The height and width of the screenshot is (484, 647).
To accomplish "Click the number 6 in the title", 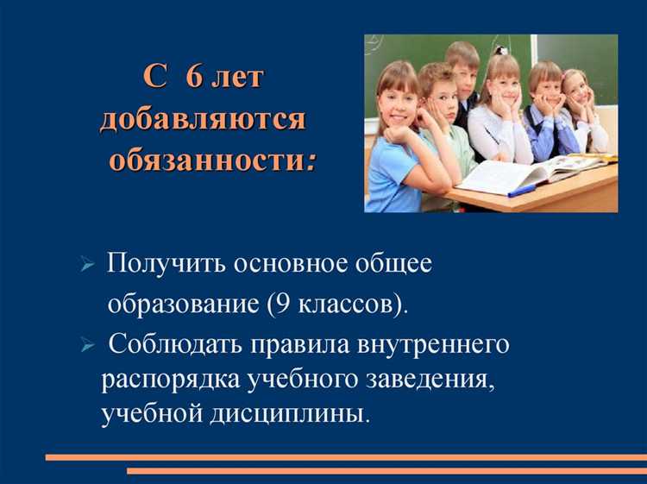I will pyautogui.click(x=196, y=78).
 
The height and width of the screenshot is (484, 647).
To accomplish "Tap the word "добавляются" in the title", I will pyautogui.click(x=202, y=119).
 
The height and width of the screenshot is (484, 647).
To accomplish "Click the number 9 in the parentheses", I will pyautogui.click(x=274, y=305).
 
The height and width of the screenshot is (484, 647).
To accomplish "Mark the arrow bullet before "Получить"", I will pyautogui.click(x=86, y=266).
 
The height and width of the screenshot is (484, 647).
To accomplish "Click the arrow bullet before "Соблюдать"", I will pyautogui.click(x=86, y=347).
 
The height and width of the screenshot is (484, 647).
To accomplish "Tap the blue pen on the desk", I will pyautogui.click(x=522, y=189).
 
